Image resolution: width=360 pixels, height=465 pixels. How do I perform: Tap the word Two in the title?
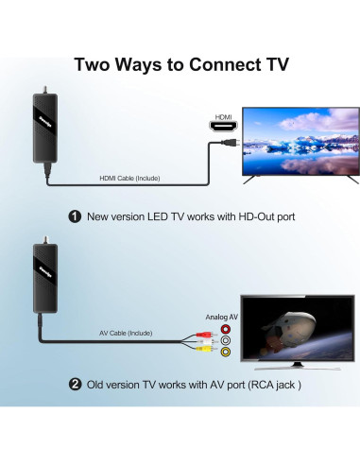99,66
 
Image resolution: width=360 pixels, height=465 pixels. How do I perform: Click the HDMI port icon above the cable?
223,128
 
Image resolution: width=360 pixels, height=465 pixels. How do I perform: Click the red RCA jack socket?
225,329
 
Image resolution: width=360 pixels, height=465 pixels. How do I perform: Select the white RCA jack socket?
225,340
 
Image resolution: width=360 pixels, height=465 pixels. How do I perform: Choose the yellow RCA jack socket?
225,352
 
